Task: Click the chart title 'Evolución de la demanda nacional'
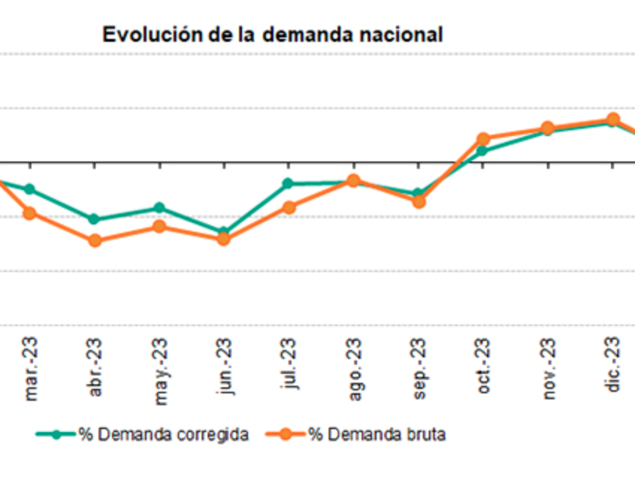click(273, 35)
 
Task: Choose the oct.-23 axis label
click(483, 367)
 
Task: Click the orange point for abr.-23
click(95, 241)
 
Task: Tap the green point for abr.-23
click(94, 219)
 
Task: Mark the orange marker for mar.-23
click(30, 213)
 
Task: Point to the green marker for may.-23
click(159, 208)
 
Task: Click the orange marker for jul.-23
click(288, 207)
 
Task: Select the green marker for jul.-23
click(288, 183)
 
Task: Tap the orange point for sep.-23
click(418, 201)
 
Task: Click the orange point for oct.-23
click(483, 139)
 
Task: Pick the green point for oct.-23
click(482, 151)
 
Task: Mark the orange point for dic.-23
click(613, 119)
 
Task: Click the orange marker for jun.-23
click(223, 239)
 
